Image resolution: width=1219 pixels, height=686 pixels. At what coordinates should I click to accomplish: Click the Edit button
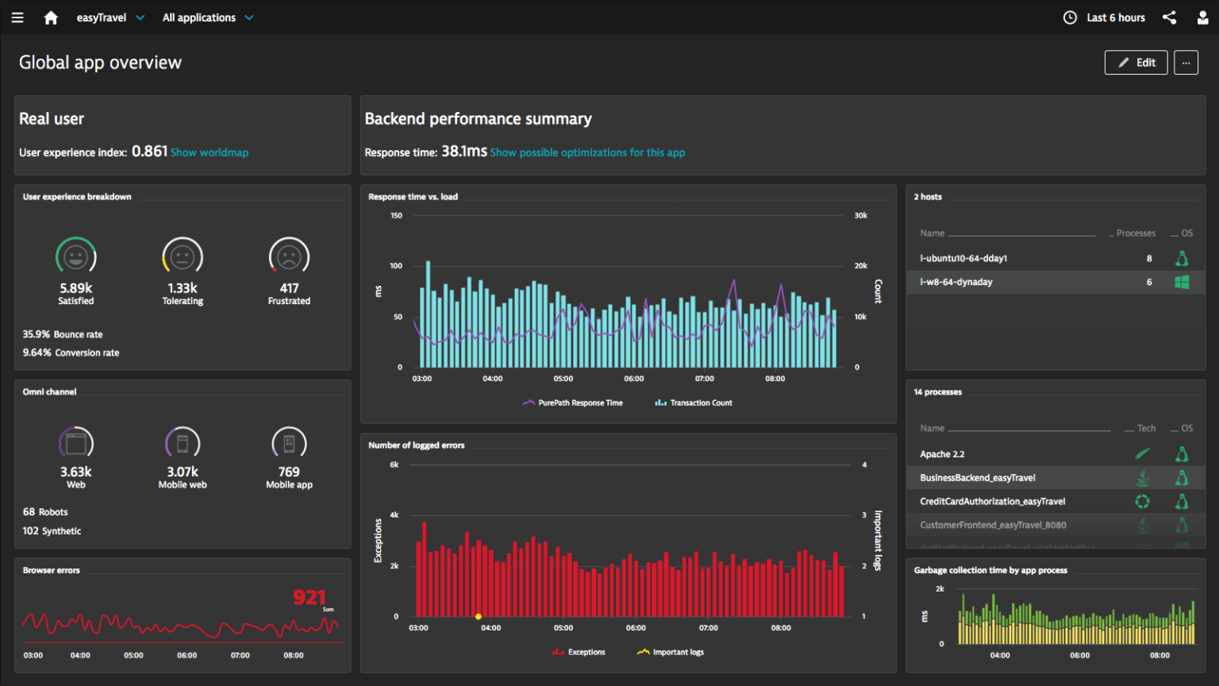click(1136, 63)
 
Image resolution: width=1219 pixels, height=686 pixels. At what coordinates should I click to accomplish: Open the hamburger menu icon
click(17, 17)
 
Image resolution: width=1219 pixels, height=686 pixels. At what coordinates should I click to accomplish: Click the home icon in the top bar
click(51, 17)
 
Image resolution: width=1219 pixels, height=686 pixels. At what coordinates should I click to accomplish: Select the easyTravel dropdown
click(110, 17)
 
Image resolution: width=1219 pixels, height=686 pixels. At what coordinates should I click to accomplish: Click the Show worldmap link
click(210, 152)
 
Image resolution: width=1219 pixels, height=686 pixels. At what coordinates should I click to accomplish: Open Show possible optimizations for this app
click(587, 152)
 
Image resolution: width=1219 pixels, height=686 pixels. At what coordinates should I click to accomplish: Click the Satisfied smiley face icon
click(76, 256)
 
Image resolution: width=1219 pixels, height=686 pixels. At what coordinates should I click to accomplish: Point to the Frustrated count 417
click(289, 288)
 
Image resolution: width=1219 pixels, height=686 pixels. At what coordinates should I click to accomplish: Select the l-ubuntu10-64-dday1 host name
click(963, 258)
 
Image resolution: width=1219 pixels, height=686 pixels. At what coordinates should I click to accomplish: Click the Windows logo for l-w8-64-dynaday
click(1182, 282)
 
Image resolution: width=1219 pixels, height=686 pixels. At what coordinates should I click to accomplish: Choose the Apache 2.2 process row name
click(942, 454)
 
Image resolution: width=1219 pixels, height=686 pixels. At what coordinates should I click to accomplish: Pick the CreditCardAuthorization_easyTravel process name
click(992, 501)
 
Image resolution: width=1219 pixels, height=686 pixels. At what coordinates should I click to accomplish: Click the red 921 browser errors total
click(309, 597)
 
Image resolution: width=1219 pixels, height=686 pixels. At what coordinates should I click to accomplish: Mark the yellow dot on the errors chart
click(479, 616)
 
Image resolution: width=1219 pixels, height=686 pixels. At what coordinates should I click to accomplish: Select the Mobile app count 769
click(289, 472)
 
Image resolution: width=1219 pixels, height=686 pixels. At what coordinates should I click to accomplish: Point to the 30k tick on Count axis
click(860, 215)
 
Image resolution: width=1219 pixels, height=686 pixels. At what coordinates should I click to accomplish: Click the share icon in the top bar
click(1169, 17)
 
